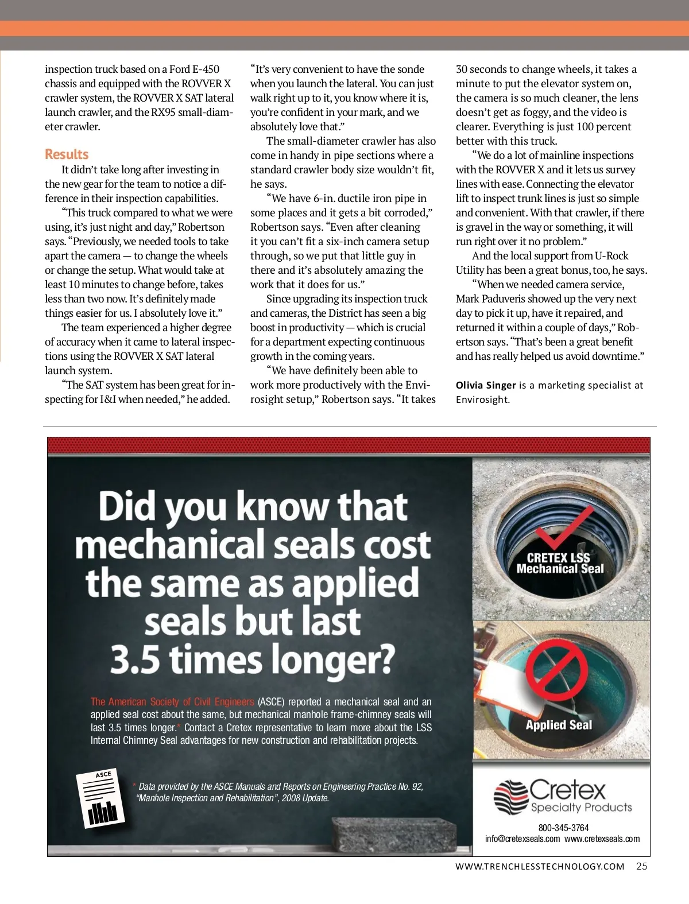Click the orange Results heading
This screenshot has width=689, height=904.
point(67,154)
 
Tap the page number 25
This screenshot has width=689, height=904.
point(641,866)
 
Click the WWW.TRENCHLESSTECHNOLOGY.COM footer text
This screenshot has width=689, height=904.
point(540,866)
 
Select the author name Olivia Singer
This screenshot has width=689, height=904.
point(486,385)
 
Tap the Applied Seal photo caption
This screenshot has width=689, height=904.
point(559,725)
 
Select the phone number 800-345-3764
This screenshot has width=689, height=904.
point(563,828)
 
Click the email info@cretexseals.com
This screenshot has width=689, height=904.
point(522,839)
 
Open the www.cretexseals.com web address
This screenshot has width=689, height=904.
point(602,839)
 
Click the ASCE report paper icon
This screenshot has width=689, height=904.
point(100,798)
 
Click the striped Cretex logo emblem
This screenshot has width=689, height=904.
point(510,796)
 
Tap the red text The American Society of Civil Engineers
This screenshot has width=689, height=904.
point(172,701)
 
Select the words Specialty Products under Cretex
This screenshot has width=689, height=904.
point(581,807)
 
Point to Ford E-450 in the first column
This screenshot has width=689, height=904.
point(194,69)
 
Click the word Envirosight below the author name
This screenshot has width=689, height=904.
point(482,399)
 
